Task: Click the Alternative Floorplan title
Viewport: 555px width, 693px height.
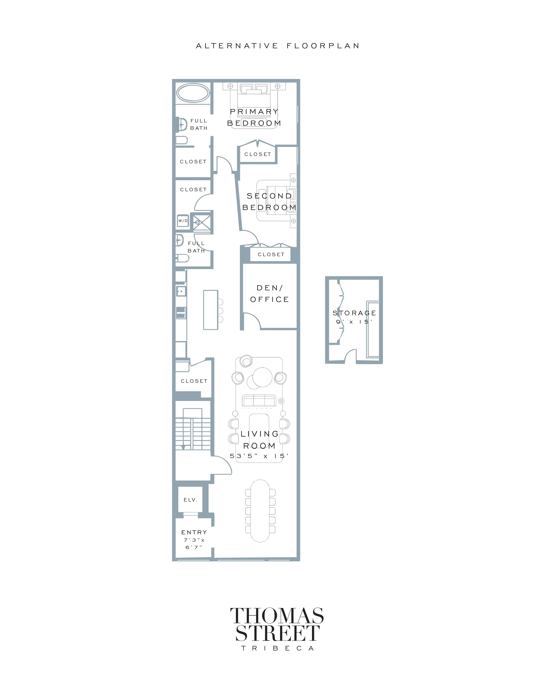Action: coord(277,46)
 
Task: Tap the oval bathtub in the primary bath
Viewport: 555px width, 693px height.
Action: coord(192,93)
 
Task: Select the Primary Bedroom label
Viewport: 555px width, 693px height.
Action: coord(254,117)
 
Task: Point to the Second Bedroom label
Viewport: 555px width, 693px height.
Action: coord(269,201)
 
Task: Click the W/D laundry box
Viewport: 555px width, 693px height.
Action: coord(183,221)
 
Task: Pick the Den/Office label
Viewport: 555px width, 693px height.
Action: coord(270,293)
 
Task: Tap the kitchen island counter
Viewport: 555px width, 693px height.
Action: coord(211,310)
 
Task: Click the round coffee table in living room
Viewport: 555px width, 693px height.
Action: coord(262,377)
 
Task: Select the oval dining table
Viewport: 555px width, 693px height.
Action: coord(260,511)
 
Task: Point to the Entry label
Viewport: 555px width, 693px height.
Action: coord(194,532)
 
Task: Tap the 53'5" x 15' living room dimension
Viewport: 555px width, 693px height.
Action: coord(259,456)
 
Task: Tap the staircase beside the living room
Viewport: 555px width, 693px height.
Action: coord(193,429)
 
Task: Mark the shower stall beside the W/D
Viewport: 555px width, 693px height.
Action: coord(202,222)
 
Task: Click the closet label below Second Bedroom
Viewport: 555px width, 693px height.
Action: coord(271,255)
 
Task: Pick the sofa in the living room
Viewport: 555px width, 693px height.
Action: coord(259,401)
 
